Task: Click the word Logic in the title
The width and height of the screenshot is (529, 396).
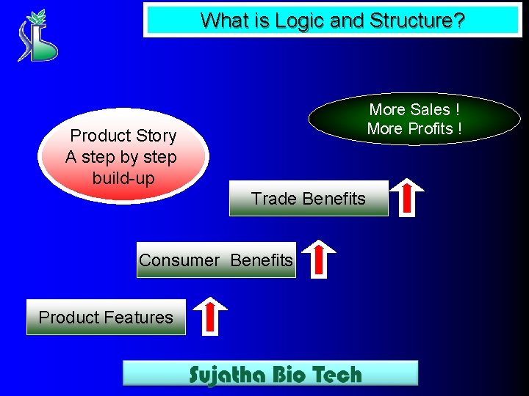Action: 296,21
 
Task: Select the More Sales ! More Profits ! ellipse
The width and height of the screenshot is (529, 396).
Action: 415,119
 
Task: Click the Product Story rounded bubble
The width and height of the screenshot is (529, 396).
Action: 123,157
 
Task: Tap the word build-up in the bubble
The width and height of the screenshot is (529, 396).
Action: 123,178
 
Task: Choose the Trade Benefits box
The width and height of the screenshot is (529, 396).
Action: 309,198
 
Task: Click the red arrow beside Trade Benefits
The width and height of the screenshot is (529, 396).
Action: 406,197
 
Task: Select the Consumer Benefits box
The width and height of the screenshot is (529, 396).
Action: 216,260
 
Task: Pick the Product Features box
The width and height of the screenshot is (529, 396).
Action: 106,318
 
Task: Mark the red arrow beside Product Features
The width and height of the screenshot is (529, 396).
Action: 209,315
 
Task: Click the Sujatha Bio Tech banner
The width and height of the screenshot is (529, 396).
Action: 270,373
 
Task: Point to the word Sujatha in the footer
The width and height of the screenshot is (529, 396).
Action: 225,375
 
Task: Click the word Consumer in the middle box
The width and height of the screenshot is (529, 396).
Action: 179,260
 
